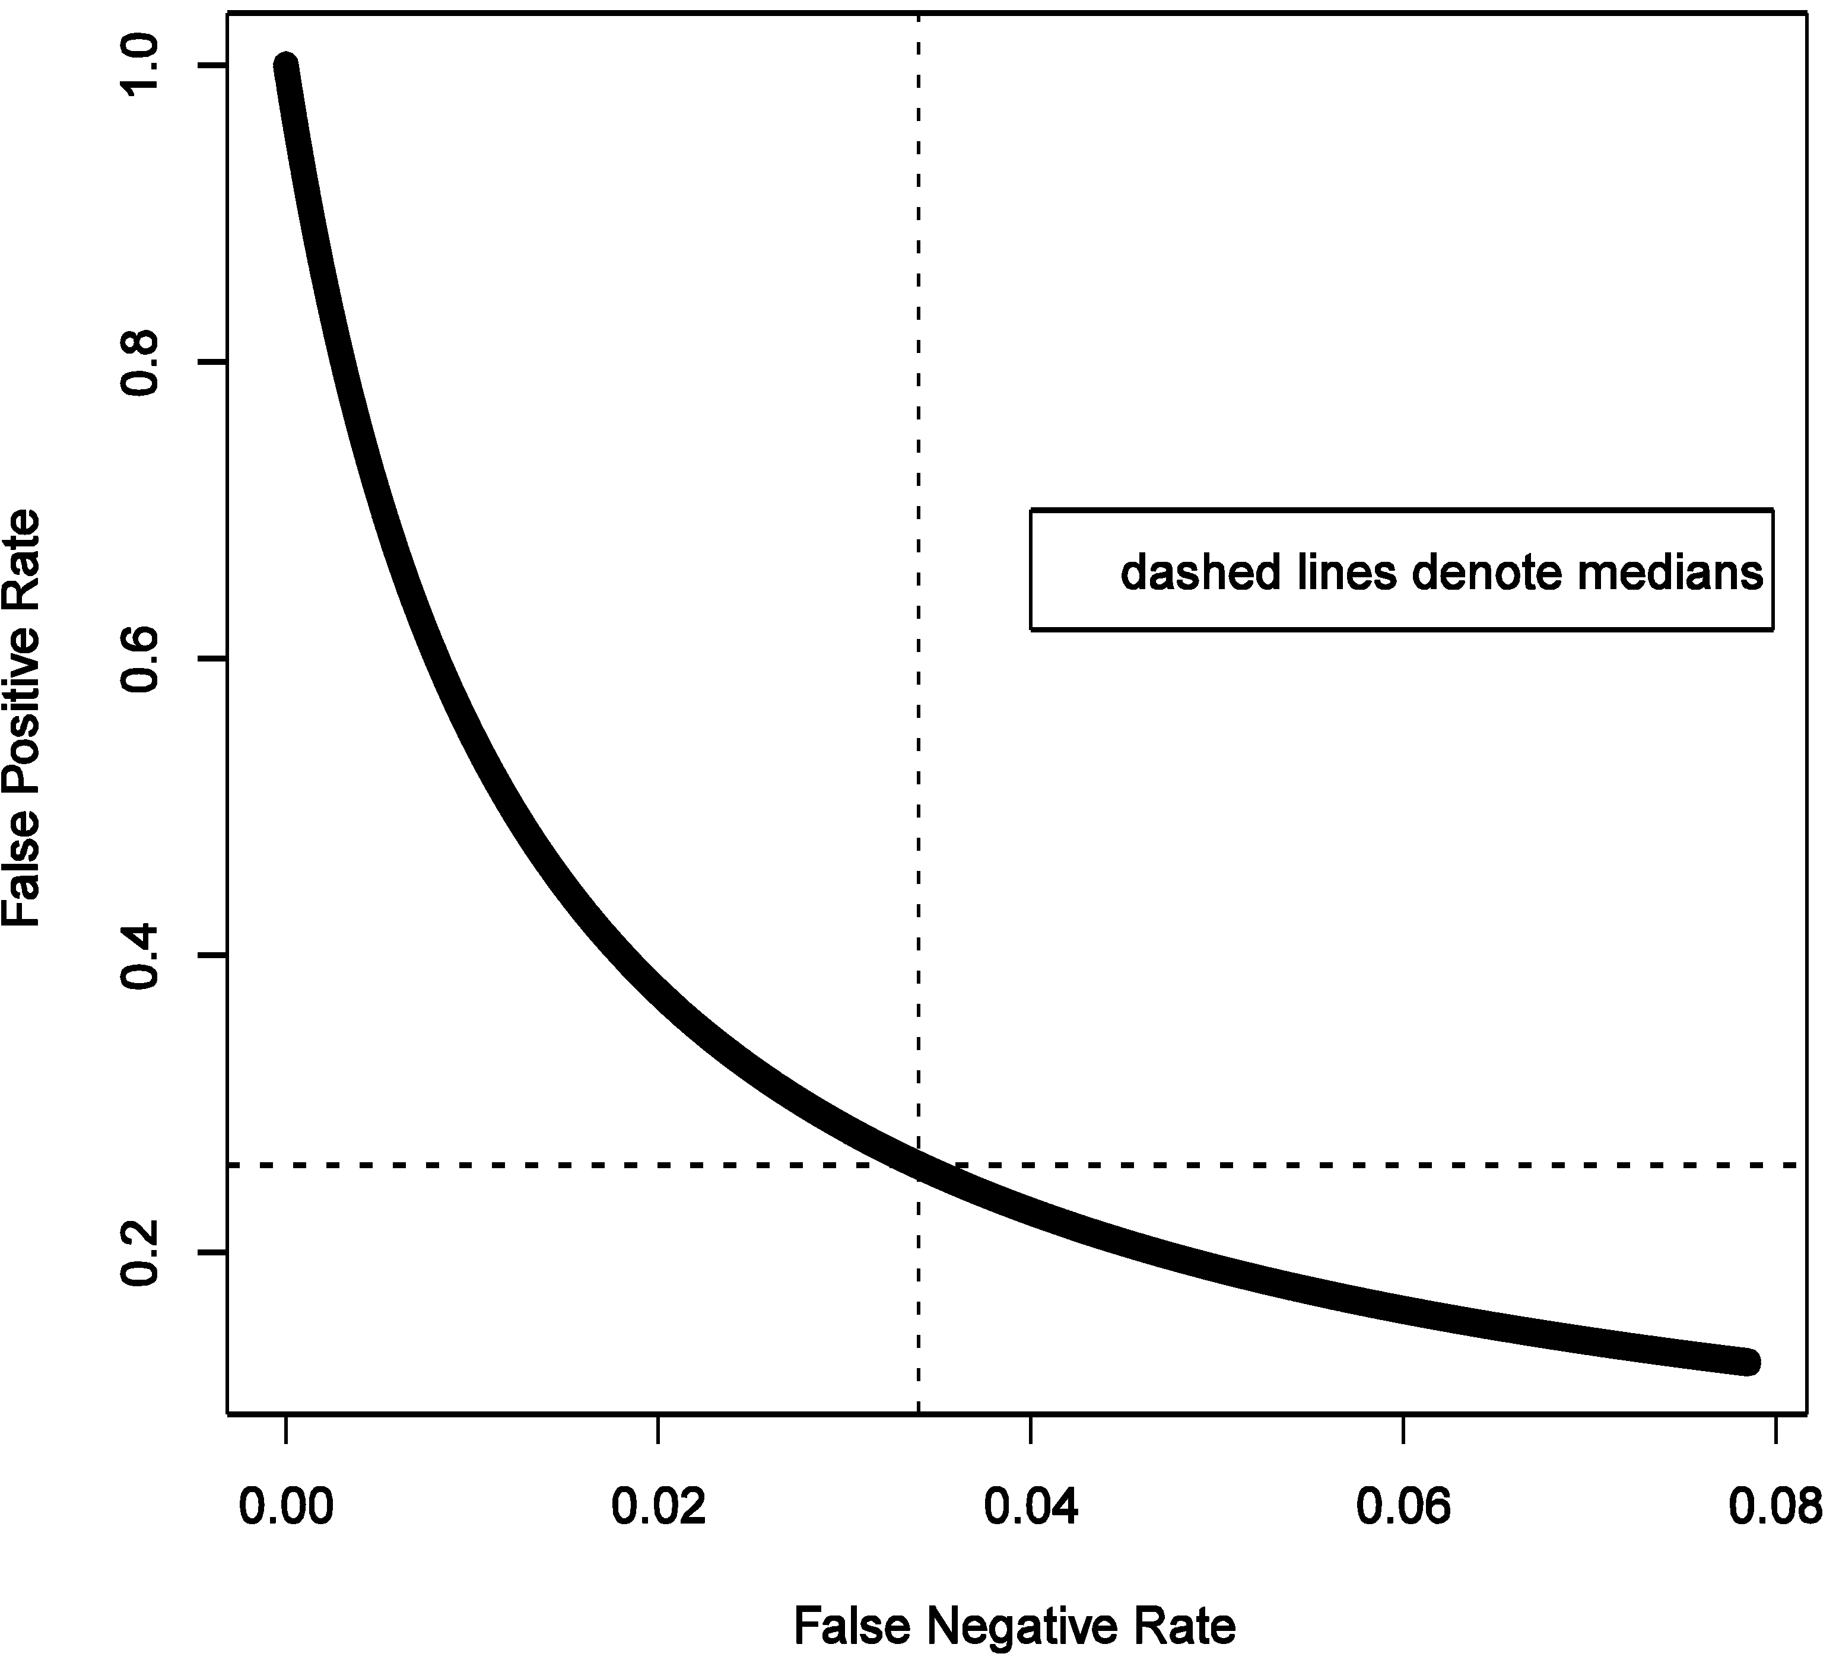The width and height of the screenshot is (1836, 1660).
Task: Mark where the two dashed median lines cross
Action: [918, 1165]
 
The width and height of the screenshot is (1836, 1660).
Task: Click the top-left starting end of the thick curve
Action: [286, 66]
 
